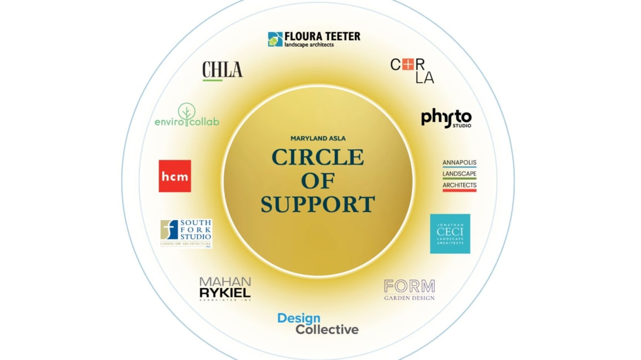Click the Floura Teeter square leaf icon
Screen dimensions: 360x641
[x=275, y=39]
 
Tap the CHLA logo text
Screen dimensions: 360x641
[x=222, y=69]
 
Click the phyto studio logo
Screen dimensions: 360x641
[x=446, y=118]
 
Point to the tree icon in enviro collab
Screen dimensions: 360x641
[x=186, y=113]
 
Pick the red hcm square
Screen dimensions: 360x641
[x=175, y=176]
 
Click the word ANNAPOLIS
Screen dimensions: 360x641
[x=459, y=162]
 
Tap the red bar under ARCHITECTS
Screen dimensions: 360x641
[x=459, y=190]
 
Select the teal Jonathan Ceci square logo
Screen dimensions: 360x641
[x=450, y=233]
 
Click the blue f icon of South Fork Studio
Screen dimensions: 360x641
[x=169, y=230]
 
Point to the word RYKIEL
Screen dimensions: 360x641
[x=225, y=292]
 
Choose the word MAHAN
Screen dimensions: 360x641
[x=225, y=281]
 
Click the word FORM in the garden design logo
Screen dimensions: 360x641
[x=409, y=286]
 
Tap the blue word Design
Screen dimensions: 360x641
[x=299, y=318]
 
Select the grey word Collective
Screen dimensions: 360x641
[x=327, y=330]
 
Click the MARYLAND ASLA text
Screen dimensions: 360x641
[x=318, y=138]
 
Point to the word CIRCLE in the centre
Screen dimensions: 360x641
[x=318, y=157]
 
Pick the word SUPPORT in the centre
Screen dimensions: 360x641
[x=318, y=204]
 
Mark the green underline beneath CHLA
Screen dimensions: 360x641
[x=213, y=80]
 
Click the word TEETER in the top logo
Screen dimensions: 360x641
[x=340, y=36]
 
